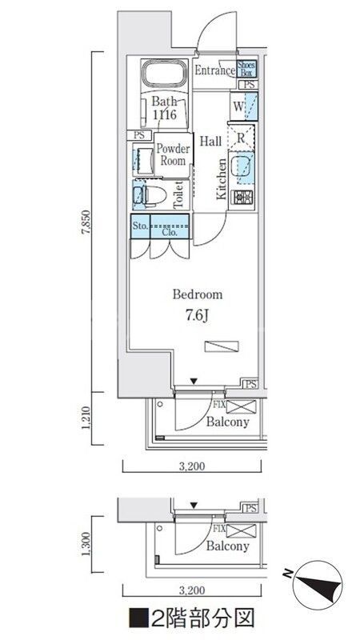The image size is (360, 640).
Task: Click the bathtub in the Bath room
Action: tap(165, 74)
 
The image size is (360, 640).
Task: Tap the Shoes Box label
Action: tap(246, 69)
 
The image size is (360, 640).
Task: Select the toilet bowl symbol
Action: tap(150, 195)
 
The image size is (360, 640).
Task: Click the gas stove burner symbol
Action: tap(243, 198)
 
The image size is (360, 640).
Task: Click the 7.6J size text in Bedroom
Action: tap(198, 315)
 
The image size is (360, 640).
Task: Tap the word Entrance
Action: tap(214, 70)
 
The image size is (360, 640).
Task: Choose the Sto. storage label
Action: tap(140, 226)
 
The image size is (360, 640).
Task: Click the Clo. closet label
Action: tap(170, 232)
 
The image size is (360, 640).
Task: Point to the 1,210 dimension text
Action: tap(86, 418)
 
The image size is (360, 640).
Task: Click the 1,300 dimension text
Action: tap(86, 544)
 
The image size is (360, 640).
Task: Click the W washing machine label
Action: tap(238, 107)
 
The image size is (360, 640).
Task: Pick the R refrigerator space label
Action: tap(241, 138)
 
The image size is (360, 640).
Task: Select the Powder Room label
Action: tap(173, 154)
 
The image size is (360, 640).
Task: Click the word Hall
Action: tap(210, 142)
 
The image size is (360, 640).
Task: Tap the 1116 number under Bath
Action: tap(165, 114)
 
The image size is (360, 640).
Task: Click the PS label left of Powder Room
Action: tap(139, 135)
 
